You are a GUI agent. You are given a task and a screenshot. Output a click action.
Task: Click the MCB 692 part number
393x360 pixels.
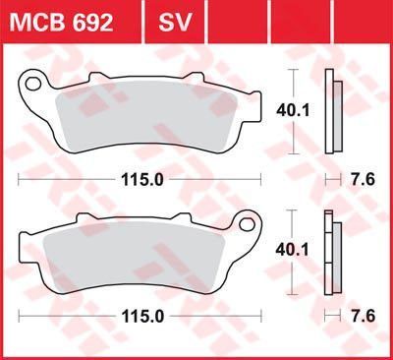[x=62, y=23]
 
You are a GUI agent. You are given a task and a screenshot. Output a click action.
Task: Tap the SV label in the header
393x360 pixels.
[x=175, y=23]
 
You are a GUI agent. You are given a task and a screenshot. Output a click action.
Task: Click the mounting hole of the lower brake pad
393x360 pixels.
[x=247, y=224]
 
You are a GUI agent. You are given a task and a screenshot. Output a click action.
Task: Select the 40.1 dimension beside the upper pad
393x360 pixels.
[x=293, y=112]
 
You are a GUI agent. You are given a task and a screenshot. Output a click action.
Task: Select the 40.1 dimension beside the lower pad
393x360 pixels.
[x=292, y=251]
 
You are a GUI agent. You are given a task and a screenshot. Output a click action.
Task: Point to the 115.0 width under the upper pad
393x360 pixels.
[x=142, y=180]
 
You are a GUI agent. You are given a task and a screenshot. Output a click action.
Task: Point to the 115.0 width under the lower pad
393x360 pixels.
[x=142, y=317]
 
